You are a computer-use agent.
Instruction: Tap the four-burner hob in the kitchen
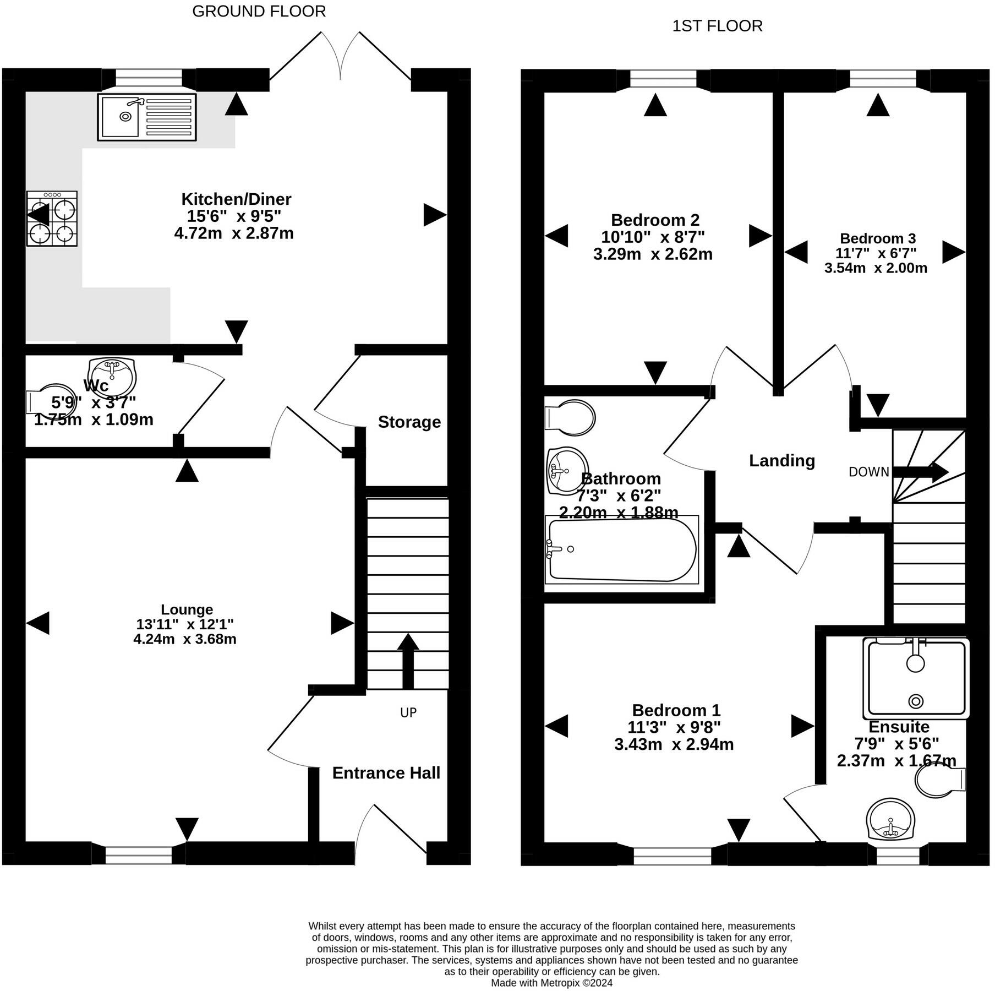(52, 218)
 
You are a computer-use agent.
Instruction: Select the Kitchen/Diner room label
(236, 199)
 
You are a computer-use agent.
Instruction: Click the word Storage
(409, 422)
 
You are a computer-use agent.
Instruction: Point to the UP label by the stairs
(408, 712)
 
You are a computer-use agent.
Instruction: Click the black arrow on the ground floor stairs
(408, 661)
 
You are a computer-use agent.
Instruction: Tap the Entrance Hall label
(386, 773)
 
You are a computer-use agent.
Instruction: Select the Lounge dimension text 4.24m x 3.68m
(185, 639)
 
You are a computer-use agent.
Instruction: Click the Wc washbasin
(112, 375)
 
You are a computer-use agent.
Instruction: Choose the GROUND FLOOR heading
(259, 12)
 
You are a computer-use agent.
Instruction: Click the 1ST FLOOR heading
(718, 26)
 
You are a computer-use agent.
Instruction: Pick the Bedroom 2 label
(655, 220)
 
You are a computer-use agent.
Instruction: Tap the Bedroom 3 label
(878, 238)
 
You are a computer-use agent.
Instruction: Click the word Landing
(782, 460)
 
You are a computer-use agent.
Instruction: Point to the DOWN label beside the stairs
(869, 472)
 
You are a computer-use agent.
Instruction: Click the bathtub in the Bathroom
(622, 549)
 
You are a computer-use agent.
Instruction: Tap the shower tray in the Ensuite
(916, 678)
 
